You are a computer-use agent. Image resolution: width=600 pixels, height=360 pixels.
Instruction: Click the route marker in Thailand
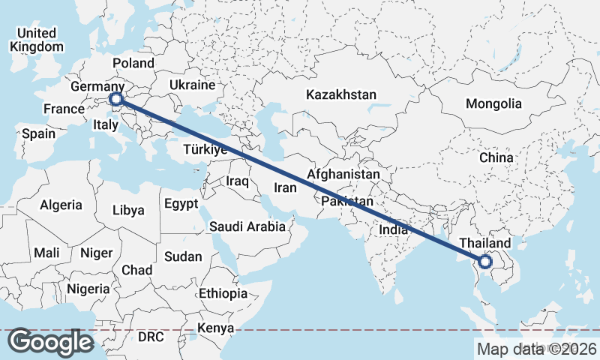pos(484,262)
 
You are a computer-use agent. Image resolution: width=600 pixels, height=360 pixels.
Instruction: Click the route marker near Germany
pos(116,99)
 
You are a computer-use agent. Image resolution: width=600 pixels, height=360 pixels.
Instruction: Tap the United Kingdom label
pos(37,40)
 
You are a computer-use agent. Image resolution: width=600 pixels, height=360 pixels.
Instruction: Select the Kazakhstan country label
pos(340,95)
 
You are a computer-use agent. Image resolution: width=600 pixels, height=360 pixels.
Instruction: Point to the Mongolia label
pos(493,103)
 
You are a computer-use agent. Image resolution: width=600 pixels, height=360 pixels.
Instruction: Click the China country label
pos(496,157)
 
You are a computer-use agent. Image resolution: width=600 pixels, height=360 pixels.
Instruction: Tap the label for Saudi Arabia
pos(247,226)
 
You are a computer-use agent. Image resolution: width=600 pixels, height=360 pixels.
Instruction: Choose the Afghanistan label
pos(344,174)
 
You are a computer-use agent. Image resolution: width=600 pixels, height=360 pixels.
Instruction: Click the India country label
pos(394,229)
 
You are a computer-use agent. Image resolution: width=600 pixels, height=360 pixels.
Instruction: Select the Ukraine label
pos(192,85)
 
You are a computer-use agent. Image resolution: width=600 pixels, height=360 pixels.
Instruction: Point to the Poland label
pos(133,63)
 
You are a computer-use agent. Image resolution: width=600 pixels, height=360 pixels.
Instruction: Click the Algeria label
pos(61,205)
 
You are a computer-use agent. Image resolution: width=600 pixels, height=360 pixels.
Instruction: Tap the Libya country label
pos(127,210)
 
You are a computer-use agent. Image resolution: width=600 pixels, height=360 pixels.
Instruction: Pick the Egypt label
pos(181,203)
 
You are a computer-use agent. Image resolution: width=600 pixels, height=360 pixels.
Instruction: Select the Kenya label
pos(215,328)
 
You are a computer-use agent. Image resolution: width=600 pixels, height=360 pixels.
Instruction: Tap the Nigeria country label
pos(88,289)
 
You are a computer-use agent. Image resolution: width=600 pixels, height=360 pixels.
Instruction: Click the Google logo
pos(50,342)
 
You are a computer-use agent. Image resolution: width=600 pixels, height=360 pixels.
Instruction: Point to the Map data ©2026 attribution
pos(537,348)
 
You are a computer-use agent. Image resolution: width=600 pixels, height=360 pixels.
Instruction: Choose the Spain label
pos(39,133)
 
